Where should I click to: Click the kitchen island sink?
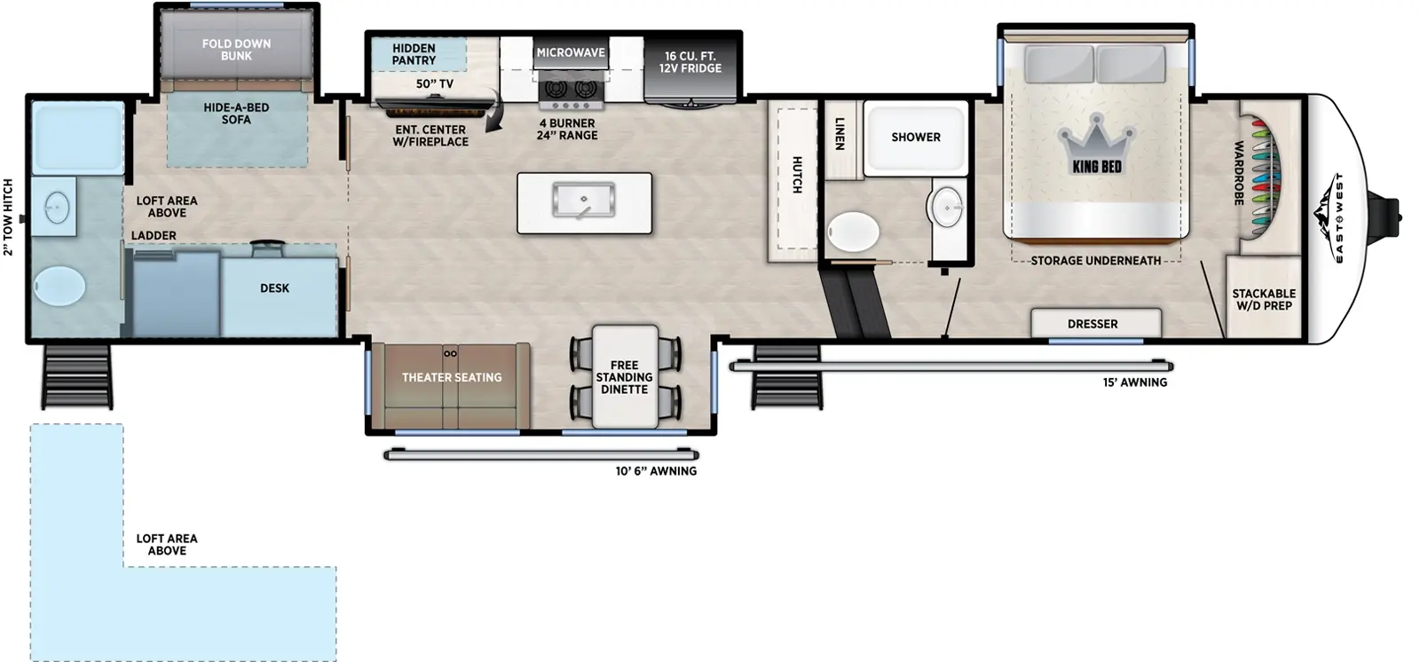(x=583, y=201)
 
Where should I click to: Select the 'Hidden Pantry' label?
(x=414, y=54)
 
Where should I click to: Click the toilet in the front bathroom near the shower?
(x=854, y=232)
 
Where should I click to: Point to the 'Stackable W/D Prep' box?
(x=1264, y=299)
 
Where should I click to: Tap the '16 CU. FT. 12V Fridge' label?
(x=690, y=61)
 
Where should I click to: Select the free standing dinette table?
(x=625, y=377)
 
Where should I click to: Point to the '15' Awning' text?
(x=1134, y=382)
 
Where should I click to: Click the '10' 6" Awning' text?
(x=656, y=471)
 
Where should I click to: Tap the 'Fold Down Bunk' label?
(x=236, y=49)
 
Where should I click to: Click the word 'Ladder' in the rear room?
(x=154, y=235)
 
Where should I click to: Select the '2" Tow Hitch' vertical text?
(x=9, y=217)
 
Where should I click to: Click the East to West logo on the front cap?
(x=1337, y=217)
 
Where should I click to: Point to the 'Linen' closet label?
(x=840, y=133)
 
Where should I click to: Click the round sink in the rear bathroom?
(x=56, y=209)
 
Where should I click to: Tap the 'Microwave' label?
(x=570, y=52)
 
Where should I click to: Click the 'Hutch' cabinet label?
(x=796, y=175)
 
